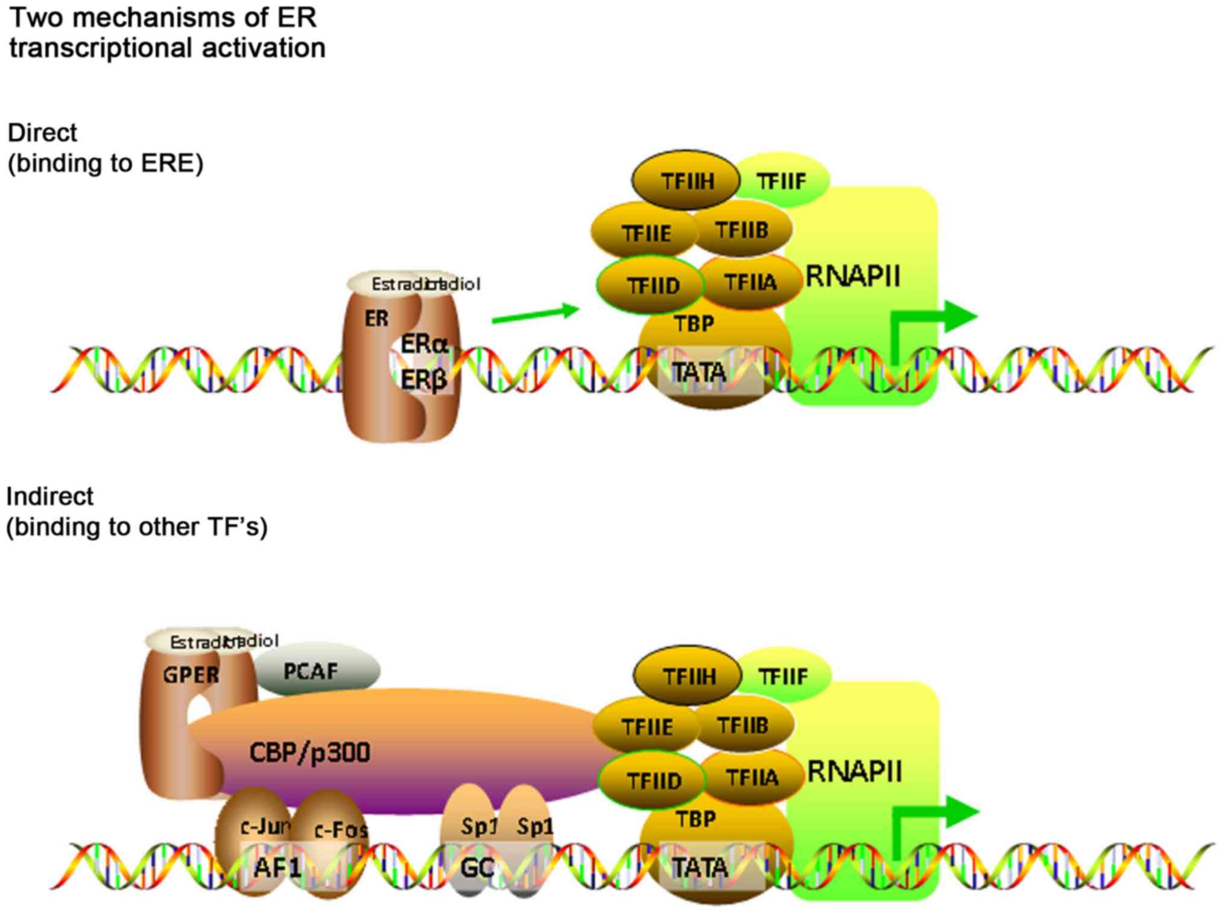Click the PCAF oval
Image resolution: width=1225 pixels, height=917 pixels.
click(x=315, y=671)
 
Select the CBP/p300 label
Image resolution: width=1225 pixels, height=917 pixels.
click(x=309, y=752)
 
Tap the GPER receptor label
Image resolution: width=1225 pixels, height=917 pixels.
click(x=191, y=674)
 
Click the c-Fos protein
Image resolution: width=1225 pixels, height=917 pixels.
click(x=339, y=830)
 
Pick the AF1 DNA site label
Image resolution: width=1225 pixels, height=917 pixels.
click(x=277, y=868)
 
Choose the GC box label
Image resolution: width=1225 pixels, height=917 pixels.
click(x=477, y=868)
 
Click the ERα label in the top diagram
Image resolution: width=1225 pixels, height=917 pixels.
click(x=425, y=344)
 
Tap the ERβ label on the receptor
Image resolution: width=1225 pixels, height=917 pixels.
click(x=424, y=380)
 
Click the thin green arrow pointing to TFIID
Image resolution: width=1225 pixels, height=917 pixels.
click(x=534, y=314)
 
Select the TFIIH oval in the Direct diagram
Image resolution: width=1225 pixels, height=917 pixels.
click(x=686, y=180)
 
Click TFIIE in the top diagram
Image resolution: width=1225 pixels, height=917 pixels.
click(x=645, y=233)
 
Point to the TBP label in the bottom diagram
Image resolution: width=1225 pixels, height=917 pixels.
click(x=695, y=819)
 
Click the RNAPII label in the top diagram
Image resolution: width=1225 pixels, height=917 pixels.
click(x=852, y=277)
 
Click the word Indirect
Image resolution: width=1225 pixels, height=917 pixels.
click(x=49, y=497)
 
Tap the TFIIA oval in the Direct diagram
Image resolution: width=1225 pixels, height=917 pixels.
click(x=751, y=282)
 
